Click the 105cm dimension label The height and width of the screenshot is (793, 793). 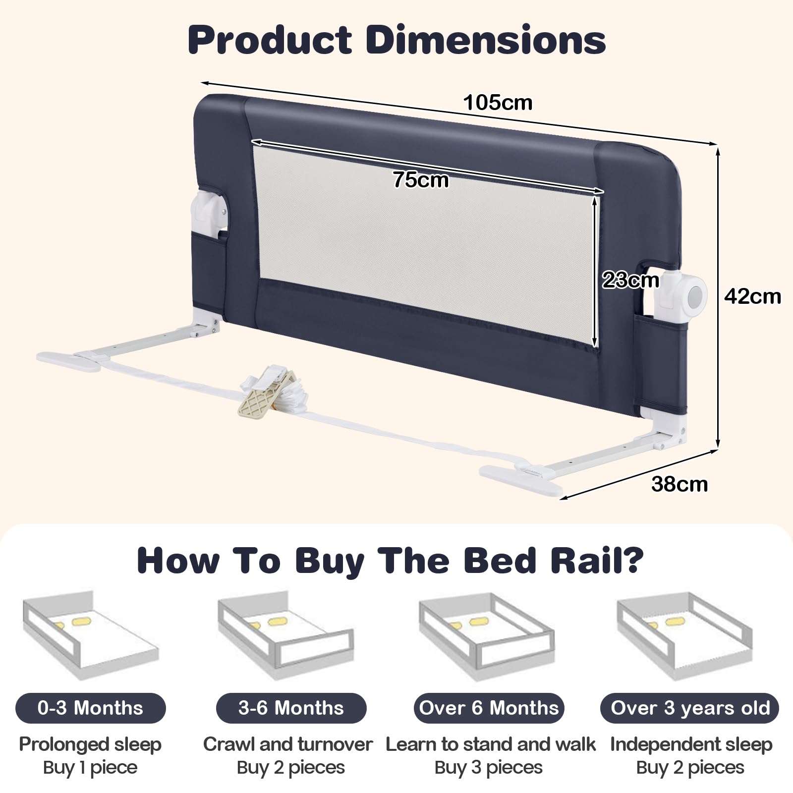[x=498, y=103]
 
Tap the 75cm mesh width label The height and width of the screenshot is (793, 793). [x=421, y=179]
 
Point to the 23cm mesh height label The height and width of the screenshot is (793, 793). [x=630, y=280]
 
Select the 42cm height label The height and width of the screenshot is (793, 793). [x=752, y=296]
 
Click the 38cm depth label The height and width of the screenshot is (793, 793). [x=680, y=484]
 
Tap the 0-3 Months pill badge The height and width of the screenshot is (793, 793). [x=90, y=708]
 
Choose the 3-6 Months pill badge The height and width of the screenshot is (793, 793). [x=291, y=708]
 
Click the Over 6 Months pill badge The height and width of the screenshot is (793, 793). [x=489, y=708]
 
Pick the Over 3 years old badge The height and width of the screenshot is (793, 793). [x=690, y=708]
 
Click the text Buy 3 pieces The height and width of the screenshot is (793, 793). [x=489, y=767]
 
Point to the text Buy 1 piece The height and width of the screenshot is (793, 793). [x=90, y=767]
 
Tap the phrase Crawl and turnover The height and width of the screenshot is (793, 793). [x=288, y=744]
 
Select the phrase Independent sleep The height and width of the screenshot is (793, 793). [x=691, y=745]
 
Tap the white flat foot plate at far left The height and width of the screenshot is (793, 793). [x=68, y=361]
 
